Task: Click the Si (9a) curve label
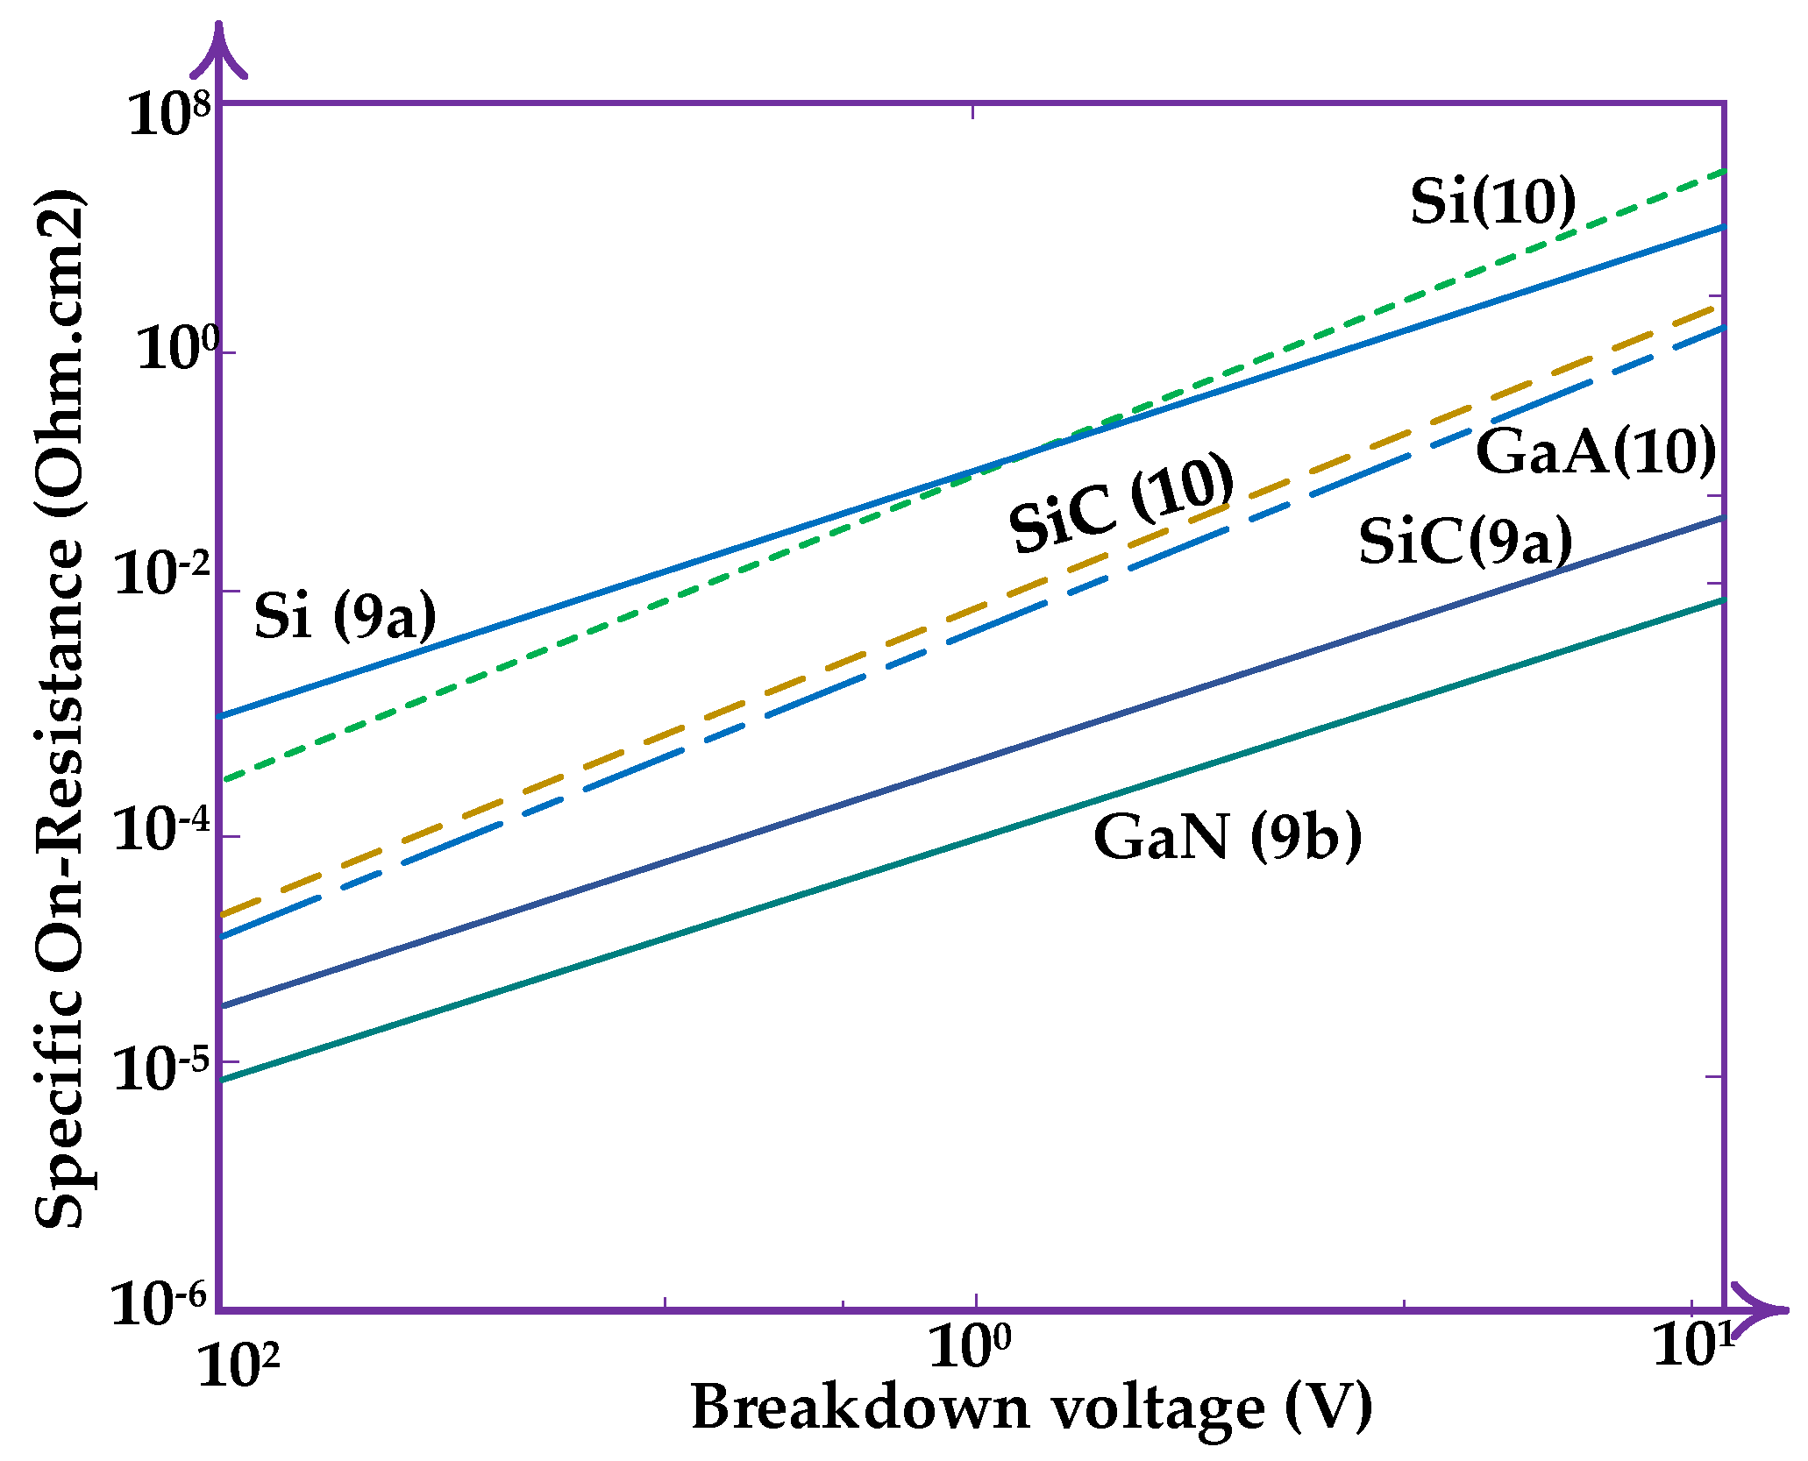coord(345,616)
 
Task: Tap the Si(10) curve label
coord(1492,202)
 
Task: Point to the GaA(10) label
coord(1596,452)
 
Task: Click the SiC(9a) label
coord(1465,541)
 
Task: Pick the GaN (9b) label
coord(1228,837)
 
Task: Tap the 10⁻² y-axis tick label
coord(163,575)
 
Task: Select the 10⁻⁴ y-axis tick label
coord(163,830)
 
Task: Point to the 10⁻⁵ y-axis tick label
coord(163,1068)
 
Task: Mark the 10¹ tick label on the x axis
coord(1693,1345)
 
